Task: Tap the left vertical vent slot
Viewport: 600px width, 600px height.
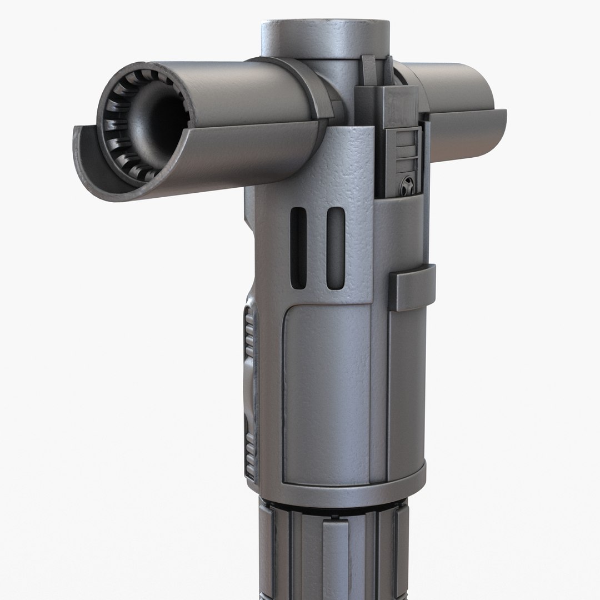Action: point(298,248)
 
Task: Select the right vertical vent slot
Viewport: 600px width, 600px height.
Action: point(335,248)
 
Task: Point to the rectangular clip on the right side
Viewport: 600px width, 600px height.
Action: point(412,288)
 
